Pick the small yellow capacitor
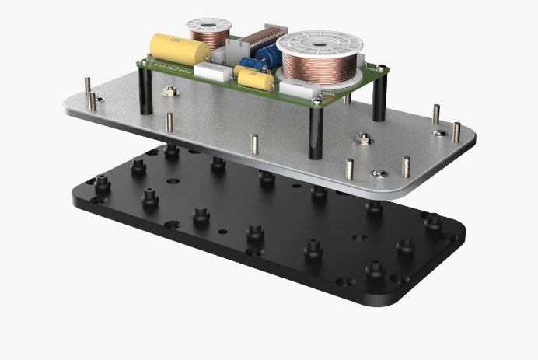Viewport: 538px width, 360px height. [253, 77]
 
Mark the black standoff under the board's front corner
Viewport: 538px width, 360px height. [316, 131]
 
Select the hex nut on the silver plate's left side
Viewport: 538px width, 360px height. [168, 93]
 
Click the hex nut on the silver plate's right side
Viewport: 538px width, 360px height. [362, 140]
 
